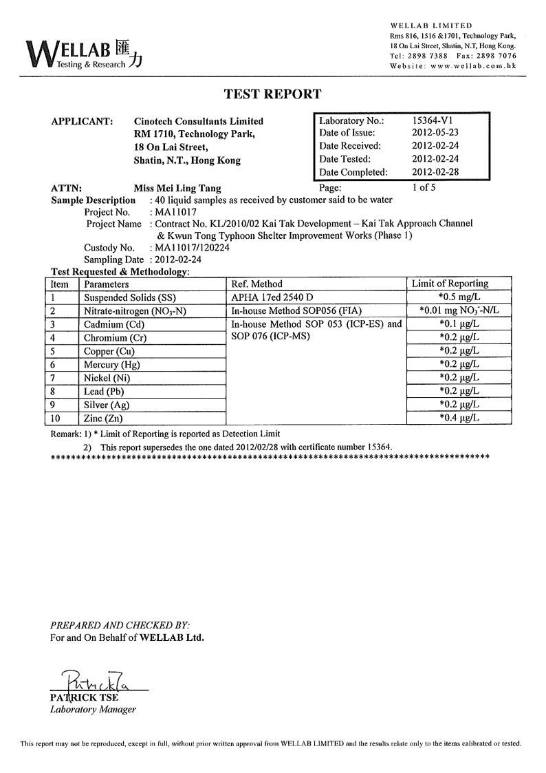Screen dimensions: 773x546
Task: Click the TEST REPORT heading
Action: (x=272, y=94)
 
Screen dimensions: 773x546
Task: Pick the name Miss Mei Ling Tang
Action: (x=177, y=187)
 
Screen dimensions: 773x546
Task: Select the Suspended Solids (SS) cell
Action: (x=129, y=297)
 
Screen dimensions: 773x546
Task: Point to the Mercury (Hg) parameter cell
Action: (x=111, y=364)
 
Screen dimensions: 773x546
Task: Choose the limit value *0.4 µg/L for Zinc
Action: (x=459, y=418)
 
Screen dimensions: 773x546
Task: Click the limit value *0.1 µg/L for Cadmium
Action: (x=459, y=324)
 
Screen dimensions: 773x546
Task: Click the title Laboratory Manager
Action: (x=93, y=710)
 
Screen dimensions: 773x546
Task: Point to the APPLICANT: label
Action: (x=82, y=121)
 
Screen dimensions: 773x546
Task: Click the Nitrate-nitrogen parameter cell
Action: (x=135, y=311)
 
